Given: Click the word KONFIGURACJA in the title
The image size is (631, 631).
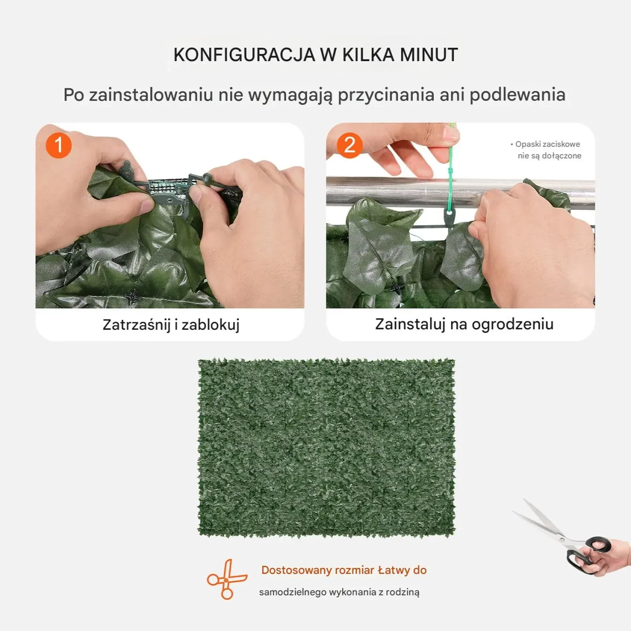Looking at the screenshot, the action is click(244, 55).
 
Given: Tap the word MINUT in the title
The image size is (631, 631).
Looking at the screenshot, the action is click(429, 55).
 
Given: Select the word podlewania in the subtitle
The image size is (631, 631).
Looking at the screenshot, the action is click(518, 95).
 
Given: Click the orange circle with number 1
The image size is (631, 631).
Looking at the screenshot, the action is click(58, 145).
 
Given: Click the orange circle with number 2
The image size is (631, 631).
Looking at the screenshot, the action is click(349, 145).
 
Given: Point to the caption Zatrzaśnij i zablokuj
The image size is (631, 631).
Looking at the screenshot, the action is click(171, 325).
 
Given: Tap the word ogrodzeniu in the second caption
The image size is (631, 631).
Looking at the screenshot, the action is click(512, 324).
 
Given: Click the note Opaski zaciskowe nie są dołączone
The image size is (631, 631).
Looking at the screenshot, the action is click(546, 150).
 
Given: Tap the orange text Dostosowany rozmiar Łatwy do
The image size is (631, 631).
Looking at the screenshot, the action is click(344, 570).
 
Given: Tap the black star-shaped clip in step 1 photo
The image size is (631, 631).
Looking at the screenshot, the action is click(132, 296).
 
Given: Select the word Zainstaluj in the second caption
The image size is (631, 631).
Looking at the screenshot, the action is click(410, 324).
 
